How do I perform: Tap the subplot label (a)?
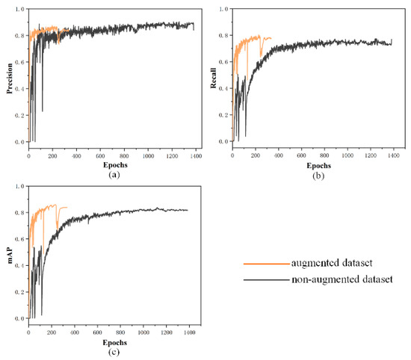(113, 173)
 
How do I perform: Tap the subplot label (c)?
(113, 351)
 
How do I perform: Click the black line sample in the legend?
(266, 279)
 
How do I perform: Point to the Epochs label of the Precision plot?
(114, 164)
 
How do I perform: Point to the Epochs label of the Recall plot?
(318, 164)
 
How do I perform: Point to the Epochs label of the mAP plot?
(114, 341)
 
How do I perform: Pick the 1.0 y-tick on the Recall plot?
(223, 9)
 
